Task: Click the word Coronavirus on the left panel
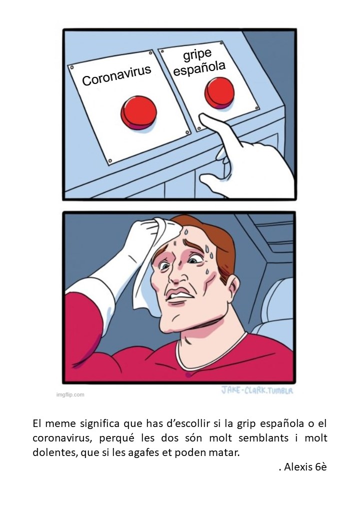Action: coord(116,75)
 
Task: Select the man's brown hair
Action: coord(220,245)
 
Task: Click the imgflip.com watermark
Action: coord(69,394)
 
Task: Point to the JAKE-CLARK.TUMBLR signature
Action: coord(256,389)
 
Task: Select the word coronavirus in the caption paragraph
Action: coord(59,438)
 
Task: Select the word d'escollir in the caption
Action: coord(192,424)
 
